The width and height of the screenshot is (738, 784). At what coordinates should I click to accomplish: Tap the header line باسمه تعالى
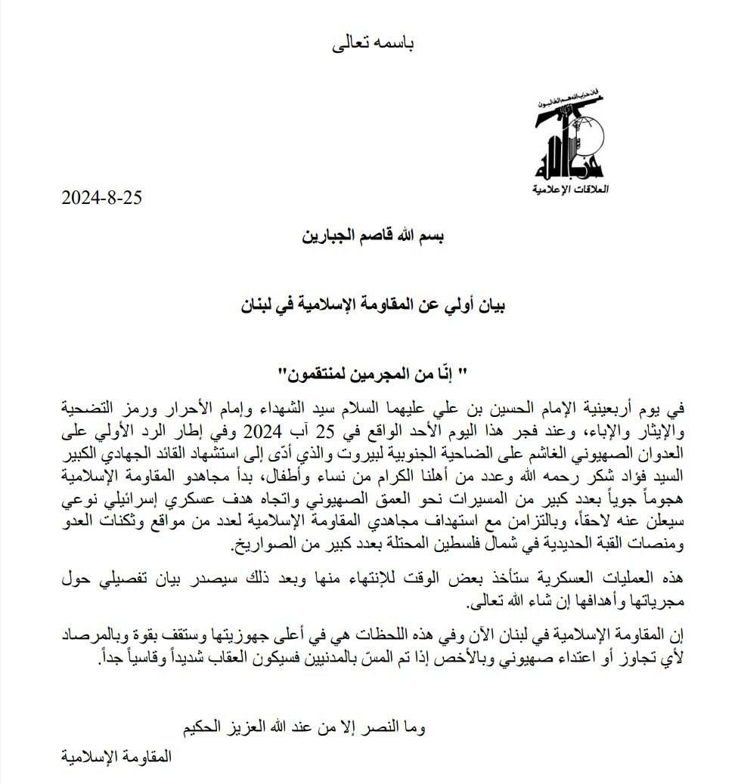tap(375, 43)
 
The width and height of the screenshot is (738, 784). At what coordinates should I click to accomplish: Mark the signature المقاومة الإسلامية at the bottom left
tap(114, 755)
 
